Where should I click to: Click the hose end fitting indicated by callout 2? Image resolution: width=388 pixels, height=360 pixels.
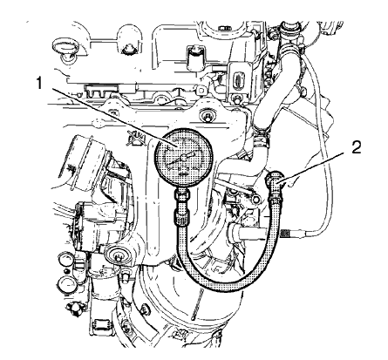pos(277,183)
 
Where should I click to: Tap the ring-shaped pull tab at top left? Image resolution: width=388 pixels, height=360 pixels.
pos(64,45)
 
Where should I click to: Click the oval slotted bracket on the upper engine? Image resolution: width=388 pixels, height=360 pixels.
pos(236,81)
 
